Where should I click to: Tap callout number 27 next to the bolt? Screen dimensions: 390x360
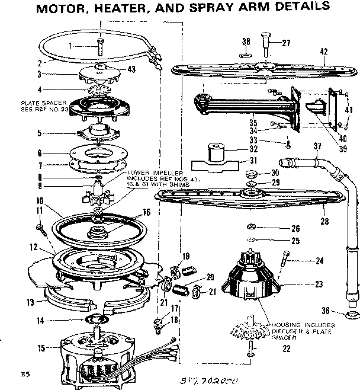[286, 42]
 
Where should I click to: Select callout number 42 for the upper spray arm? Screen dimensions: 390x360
[323, 52]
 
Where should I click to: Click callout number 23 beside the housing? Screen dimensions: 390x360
[319, 284]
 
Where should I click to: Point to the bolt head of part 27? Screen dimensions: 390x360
[263, 40]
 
